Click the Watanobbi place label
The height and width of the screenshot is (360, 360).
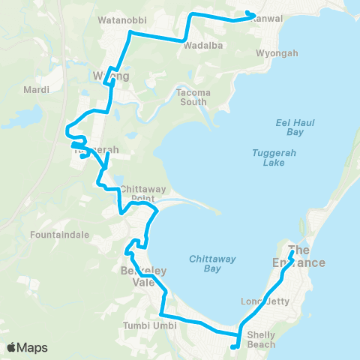pos(123,19)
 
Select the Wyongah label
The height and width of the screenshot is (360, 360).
pos(277,54)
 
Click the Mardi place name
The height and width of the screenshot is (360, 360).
pos(37,90)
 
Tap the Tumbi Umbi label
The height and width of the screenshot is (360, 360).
pos(150,326)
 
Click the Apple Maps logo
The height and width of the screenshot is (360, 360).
pos(27,347)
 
